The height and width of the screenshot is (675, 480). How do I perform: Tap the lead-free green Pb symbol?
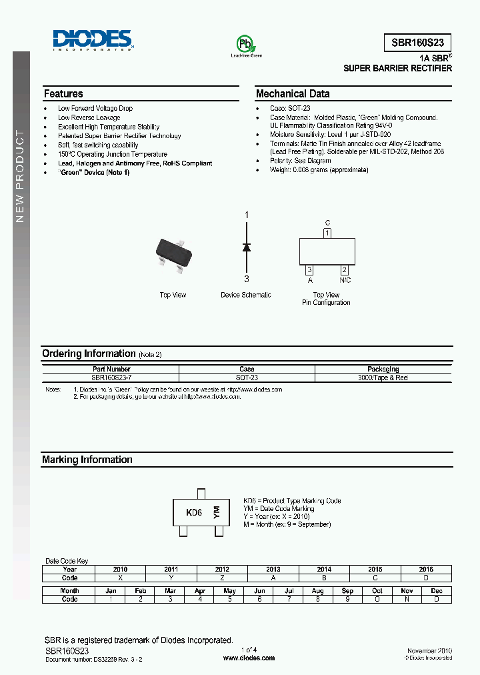click(x=246, y=43)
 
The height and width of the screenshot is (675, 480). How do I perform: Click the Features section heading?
click(x=63, y=94)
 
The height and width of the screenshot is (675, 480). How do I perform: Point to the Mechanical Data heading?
click(x=292, y=94)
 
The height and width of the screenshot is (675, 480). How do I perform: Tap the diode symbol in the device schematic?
click(x=246, y=247)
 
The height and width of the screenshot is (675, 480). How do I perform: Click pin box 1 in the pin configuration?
click(x=327, y=233)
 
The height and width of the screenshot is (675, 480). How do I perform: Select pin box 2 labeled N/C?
click(x=345, y=270)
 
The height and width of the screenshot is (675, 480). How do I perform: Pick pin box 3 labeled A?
click(x=310, y=270)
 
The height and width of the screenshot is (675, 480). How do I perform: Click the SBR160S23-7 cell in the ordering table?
click(x=111, y=378)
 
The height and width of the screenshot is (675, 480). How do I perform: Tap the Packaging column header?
click(x=383, y=369)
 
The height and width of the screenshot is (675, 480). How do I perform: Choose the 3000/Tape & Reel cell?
click(x=383, y=378)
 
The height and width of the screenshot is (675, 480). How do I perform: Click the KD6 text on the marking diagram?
click(x=194, y=513)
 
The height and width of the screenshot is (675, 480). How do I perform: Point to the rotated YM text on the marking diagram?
click(x=216, y=512)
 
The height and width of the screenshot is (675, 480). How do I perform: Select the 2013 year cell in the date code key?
click(x=273, y=570)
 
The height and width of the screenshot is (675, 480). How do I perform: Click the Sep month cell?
click(x=347, y=591)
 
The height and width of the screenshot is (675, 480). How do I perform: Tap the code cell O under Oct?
click(x=377, y=599)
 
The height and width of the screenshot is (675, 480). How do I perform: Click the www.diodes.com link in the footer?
click(x=249, y=658)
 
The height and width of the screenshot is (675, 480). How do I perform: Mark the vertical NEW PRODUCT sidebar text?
click(x=20, y=177)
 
